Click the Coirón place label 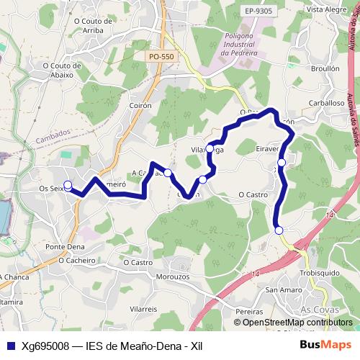coord(142,105)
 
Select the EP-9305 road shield coord(258,12)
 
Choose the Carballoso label coord(325,103)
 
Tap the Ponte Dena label coord(66,247)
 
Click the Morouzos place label coord(172,276)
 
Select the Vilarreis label coord(143,308)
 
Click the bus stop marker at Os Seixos coord(68,185)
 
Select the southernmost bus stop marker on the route coord(279,230)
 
